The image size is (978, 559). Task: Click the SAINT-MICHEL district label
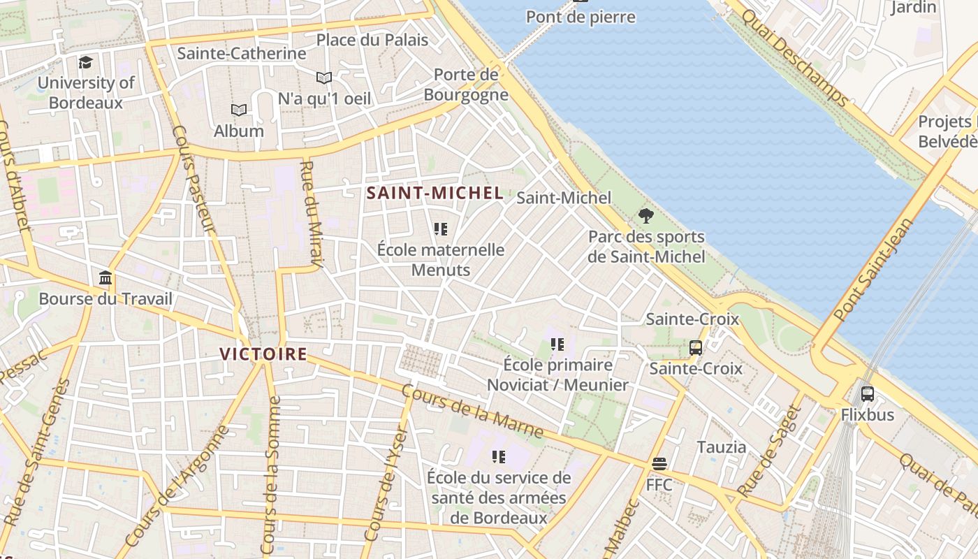click(435, 194)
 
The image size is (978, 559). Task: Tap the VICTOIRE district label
click(263, 354)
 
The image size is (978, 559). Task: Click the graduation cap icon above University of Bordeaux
click(85, 62)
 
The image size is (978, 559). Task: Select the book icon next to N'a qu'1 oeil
click(323, 78)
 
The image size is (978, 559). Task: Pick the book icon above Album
click(239, 110)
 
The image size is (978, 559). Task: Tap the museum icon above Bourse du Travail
click(105, 278)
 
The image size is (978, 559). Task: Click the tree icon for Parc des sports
click(645, 215)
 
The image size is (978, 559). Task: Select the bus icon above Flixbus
click(867, 393)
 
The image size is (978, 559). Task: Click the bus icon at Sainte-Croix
click(695, 347)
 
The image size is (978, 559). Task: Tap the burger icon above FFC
click(659, 463)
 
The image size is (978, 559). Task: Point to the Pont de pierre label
click(581, 17)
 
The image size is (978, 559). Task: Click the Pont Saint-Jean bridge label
click(874, 270)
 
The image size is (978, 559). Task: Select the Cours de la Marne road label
click(473, 412)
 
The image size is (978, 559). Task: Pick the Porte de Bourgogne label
click(466, 85)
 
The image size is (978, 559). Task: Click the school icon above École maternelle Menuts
click(440, 228)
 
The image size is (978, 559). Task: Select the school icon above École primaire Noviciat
click(557, 344)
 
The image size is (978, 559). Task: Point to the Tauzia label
click(721, 447)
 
